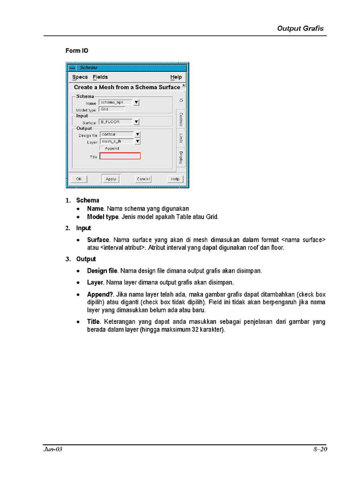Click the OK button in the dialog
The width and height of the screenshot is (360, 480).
[79, 179]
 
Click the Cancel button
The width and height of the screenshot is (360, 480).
[143, 179]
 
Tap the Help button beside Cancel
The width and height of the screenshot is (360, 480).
[175, 179]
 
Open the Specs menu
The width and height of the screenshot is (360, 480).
[80, 77]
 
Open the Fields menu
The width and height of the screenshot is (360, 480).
[100, 77]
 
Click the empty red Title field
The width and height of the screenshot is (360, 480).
[120, 156]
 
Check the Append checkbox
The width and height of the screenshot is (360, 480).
[102, 148]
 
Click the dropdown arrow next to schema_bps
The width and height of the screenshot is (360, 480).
[136, 102]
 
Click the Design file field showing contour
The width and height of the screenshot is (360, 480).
[116, 135]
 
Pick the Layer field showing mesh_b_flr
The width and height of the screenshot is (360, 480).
[116, 141]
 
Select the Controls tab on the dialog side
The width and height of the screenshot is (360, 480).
[181, 120]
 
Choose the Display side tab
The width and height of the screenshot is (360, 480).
[181, 157]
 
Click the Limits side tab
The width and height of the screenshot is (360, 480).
[181, 139]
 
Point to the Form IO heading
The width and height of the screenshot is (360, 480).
[77, 51]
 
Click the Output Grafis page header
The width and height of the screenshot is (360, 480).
[300, 28]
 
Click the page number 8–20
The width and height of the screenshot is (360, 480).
[320, 450]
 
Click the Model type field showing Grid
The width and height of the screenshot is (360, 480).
[112, 109]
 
